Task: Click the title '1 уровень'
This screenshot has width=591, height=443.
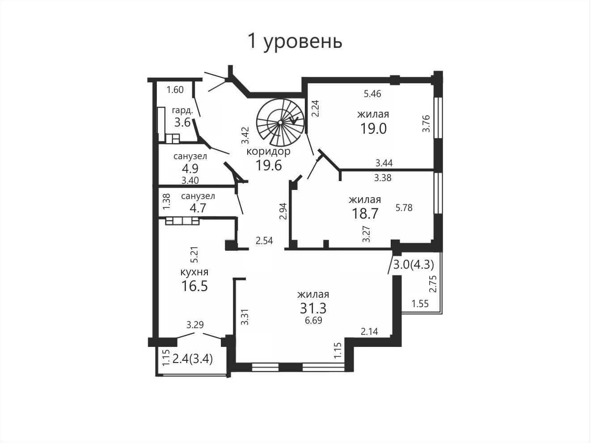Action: [x=295, y=42]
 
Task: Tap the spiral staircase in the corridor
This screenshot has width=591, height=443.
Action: [x=280, y=122]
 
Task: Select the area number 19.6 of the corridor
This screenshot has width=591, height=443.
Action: [x=268, y=165]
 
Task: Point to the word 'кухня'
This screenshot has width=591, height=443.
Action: [x=194, y=272]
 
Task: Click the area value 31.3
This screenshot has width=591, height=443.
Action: [x=313, y=308]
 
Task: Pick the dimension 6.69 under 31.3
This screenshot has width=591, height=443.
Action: [x=313, y=321]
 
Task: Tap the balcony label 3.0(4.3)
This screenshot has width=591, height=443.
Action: [x=414, y=265]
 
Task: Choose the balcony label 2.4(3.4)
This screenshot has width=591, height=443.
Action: [x=192, y=359]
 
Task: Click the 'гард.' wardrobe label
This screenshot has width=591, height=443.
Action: [x=182, y=110]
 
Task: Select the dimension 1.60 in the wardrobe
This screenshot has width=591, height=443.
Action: [x=175, y=89]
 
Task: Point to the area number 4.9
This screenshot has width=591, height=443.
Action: [x=190, y=169]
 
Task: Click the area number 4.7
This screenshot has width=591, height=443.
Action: [x=198, y=208]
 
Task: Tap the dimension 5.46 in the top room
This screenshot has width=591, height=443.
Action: [x=372, y=94]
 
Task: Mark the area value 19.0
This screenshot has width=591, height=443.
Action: [x=373, y=128]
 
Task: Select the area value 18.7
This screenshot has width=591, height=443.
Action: [x=365, y=213]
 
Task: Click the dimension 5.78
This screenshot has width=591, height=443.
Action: [x=404, y=208]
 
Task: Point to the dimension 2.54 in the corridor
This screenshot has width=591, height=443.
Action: [x=264, y=240]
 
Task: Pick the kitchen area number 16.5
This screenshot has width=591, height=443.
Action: [x=194, y=286]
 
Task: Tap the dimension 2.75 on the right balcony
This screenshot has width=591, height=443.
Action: [x=433, y=284]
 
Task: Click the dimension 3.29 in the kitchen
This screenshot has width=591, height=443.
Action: [x=195, y=325]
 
